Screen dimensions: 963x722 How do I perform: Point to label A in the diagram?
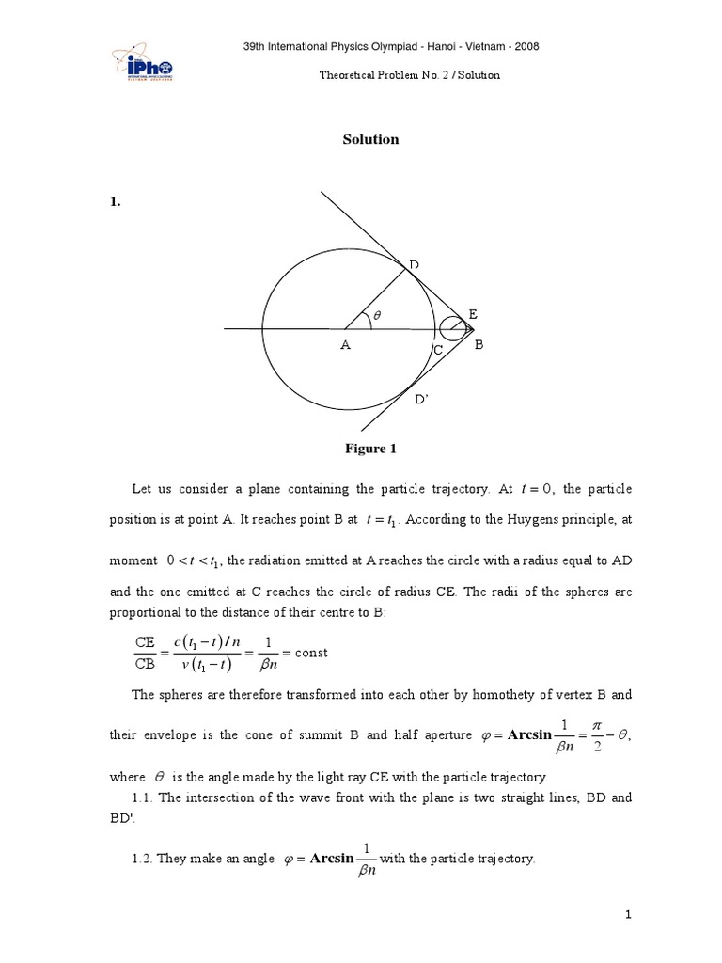tap(345, 346)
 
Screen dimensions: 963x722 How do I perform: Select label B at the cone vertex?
tap(478, 346)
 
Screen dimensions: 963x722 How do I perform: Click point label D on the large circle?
tap(413, 266)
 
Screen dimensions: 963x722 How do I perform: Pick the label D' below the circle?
tap(421, 400)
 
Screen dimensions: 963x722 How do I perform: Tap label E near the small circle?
tap(472, 313)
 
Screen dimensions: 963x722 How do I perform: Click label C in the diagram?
tap(437, 350)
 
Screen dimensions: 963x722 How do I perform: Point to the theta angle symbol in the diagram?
tap(377, 317)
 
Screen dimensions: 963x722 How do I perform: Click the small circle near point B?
tap(451, 329)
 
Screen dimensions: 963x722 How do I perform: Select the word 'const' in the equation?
tap(311, 653)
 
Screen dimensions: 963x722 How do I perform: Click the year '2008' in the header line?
tap(520, 47)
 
